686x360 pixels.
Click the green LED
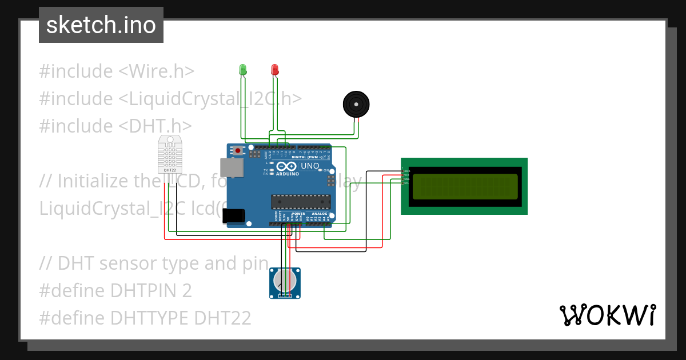tap(243, 70)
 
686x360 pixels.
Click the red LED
tap(274, 70)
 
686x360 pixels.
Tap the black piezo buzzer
tap(356, 104)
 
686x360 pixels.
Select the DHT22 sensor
tap(170, 154)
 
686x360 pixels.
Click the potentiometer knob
tap(284, 281)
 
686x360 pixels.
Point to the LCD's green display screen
tap(465, 186)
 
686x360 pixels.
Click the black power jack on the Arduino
tap(234, 215)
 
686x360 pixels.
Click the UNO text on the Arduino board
tap(310, 166)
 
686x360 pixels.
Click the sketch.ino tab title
tap(101, 25)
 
